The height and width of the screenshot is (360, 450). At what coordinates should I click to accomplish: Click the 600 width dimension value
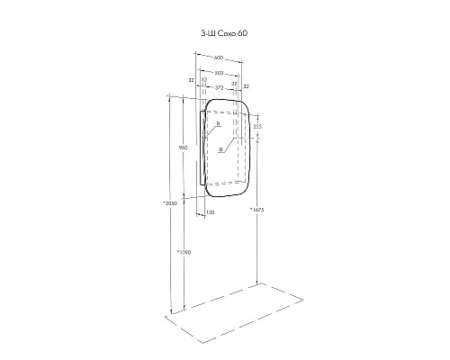point(218,58)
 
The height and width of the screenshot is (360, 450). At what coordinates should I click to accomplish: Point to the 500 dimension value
point(218,73)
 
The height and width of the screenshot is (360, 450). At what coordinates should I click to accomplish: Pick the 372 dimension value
point(218,86)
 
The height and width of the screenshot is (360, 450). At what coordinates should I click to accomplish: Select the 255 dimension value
point(256,127)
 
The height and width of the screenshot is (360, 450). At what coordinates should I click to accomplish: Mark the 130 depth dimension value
point(210,212)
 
